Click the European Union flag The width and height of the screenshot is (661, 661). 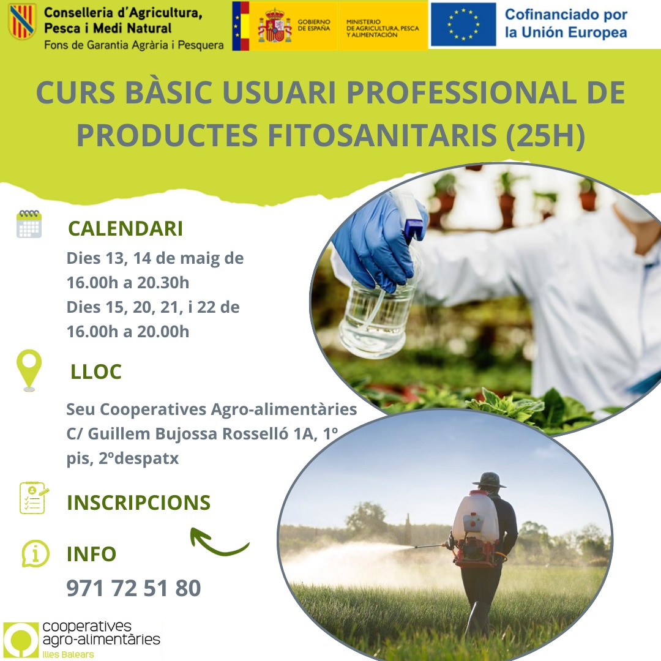click(463, 24)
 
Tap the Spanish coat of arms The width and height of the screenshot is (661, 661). click(275, 26)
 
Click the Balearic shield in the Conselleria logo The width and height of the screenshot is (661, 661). click(23, 21)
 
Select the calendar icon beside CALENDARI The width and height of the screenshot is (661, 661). click(29, 224)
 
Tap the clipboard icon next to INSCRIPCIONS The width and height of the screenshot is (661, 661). click(33, 498)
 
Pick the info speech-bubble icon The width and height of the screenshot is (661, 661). click(35, 553)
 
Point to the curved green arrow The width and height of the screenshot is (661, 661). click(217, 542)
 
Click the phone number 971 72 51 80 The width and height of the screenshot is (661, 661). click(133, 588)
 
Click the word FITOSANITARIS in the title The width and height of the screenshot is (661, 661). click(383, 135)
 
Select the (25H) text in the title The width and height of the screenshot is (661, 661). click(545, 136)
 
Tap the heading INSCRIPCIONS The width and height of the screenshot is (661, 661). click(139, 502)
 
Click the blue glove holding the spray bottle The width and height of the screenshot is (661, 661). click(375, 241)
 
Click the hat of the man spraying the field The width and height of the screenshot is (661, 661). click(489, 480)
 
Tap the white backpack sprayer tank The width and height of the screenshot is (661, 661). click(476, 517)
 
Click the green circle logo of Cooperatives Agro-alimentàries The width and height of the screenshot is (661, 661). click(21, 640)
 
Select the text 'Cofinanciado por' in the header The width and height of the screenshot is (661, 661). click(566, 14)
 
